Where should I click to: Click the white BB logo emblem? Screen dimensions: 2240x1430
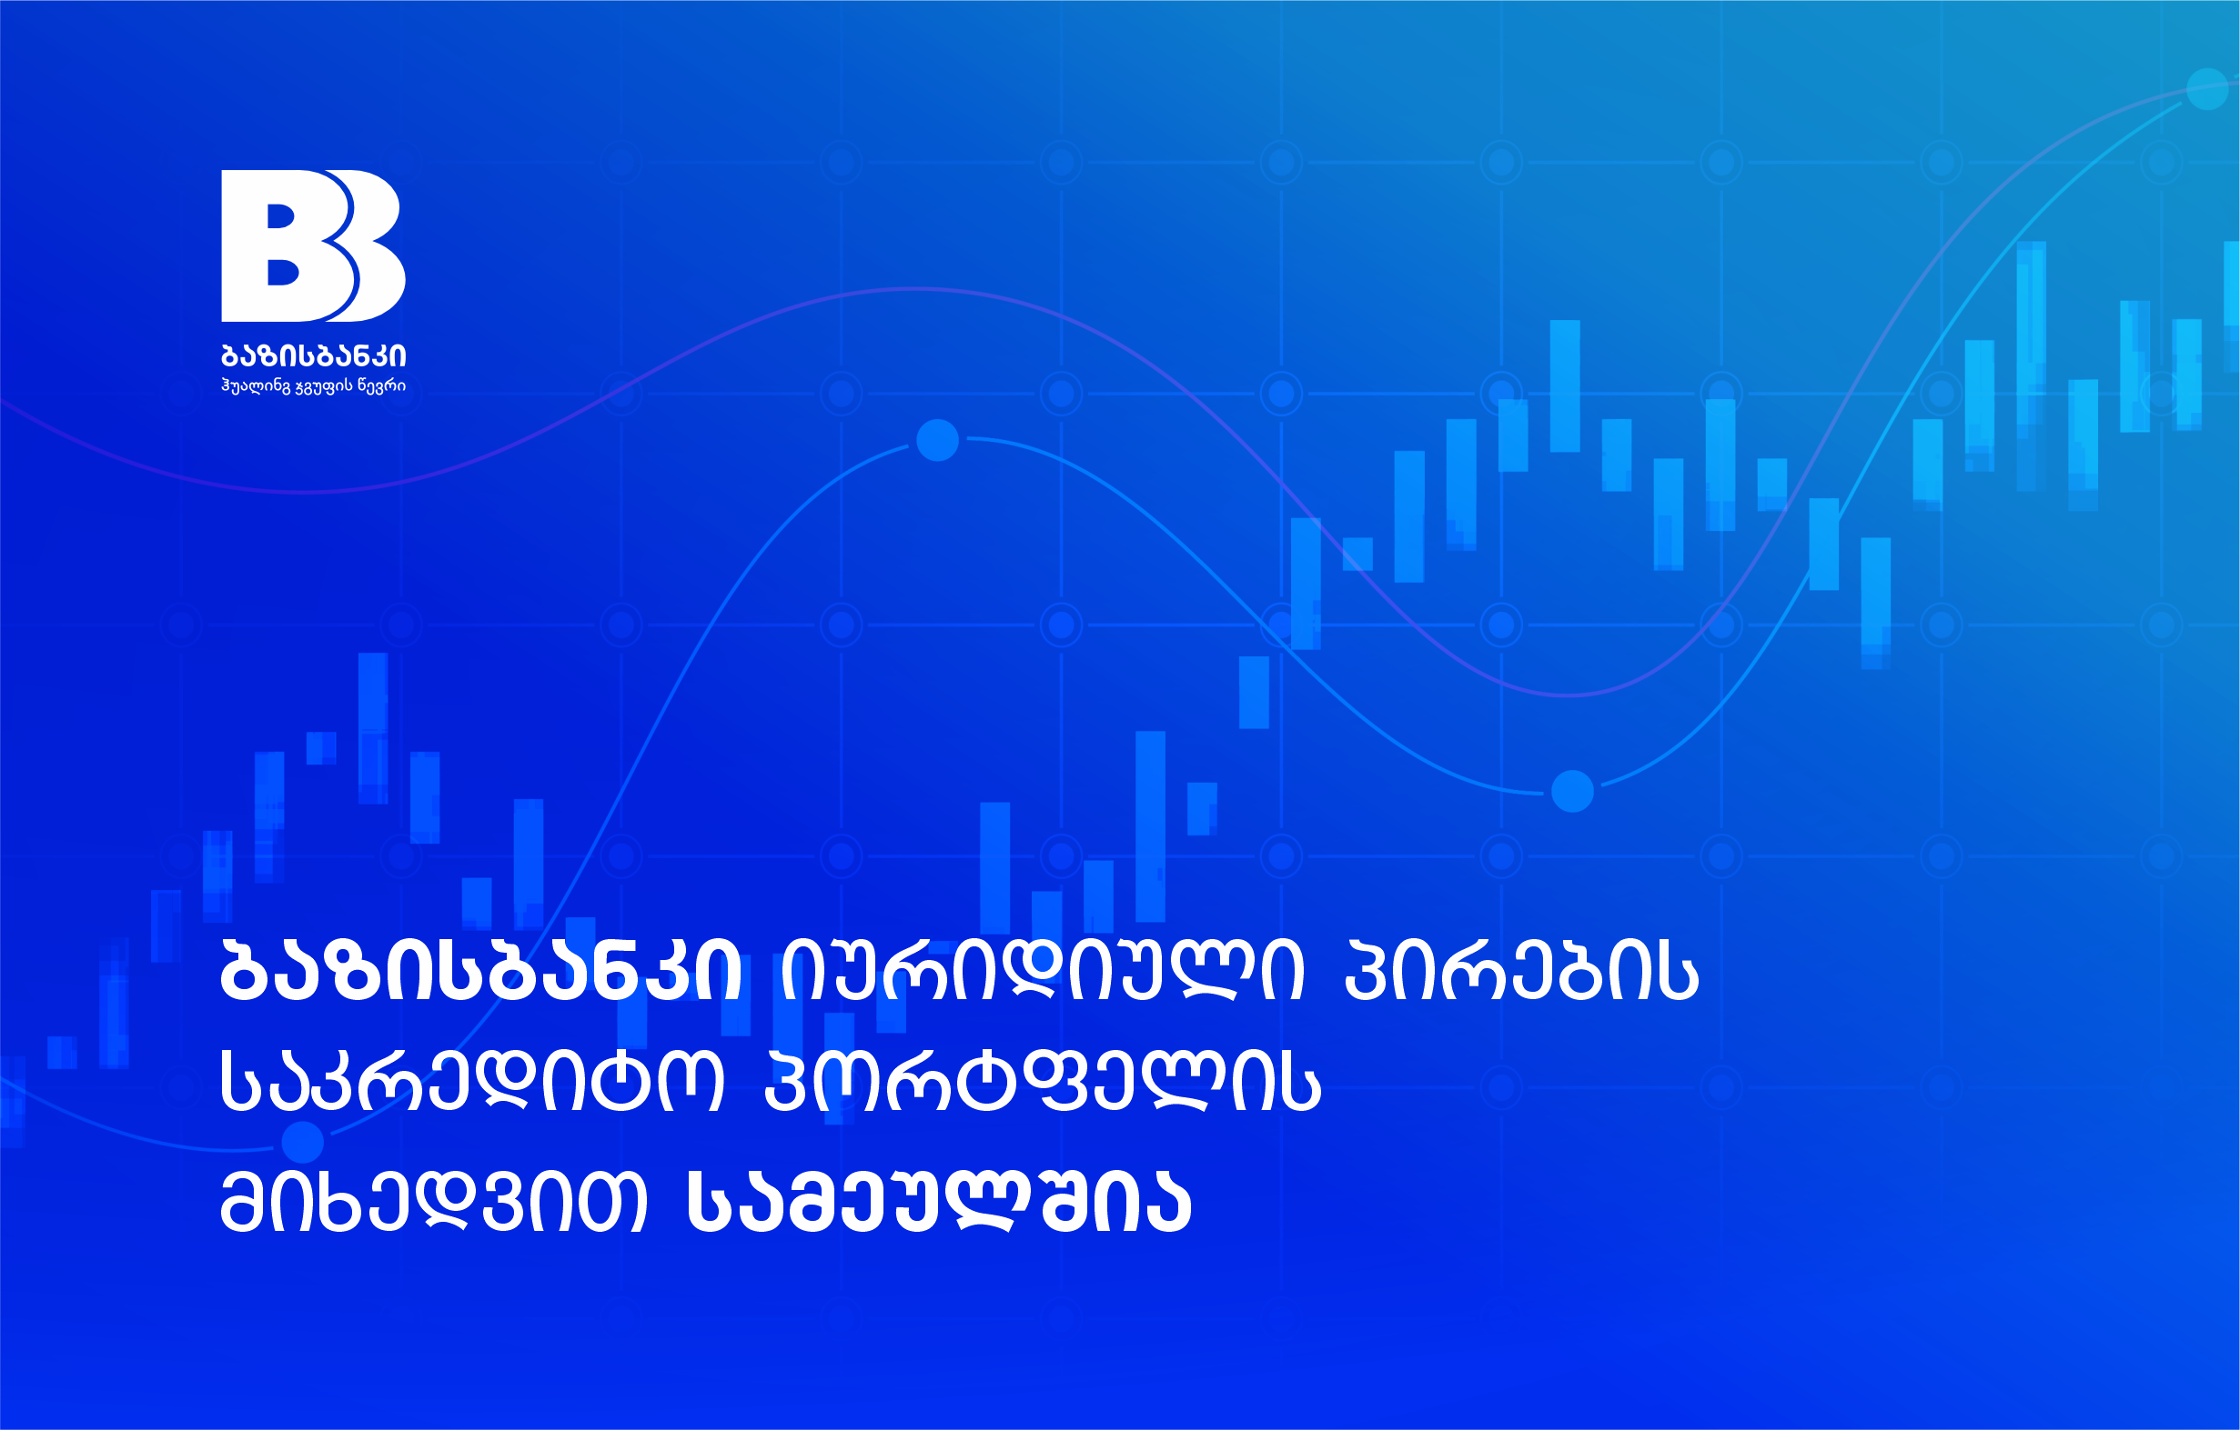click(313, 245)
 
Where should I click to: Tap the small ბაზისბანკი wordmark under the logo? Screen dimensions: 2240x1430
click(314, 356)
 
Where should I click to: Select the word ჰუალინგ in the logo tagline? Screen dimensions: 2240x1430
click(256, 385)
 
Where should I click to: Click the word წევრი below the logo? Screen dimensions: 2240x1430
click(382, 385)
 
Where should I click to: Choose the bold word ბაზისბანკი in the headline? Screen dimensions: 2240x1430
click(481, 971)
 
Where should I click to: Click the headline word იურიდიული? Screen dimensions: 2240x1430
click(1043, 971)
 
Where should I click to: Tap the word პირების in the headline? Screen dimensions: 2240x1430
click(1522, 971)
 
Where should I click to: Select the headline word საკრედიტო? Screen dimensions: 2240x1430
click(471, 1084)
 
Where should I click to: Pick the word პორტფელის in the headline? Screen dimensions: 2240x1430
click(1042, 1084)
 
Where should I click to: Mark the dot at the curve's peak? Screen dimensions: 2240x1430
click(937, 440)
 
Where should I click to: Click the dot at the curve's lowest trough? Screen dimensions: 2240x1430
click(1572, 791)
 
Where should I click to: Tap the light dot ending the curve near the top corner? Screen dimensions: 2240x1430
click(2206, 89)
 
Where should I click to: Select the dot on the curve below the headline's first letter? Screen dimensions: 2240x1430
click(301, 1142)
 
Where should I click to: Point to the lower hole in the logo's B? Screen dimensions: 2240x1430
click(283, 272)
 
